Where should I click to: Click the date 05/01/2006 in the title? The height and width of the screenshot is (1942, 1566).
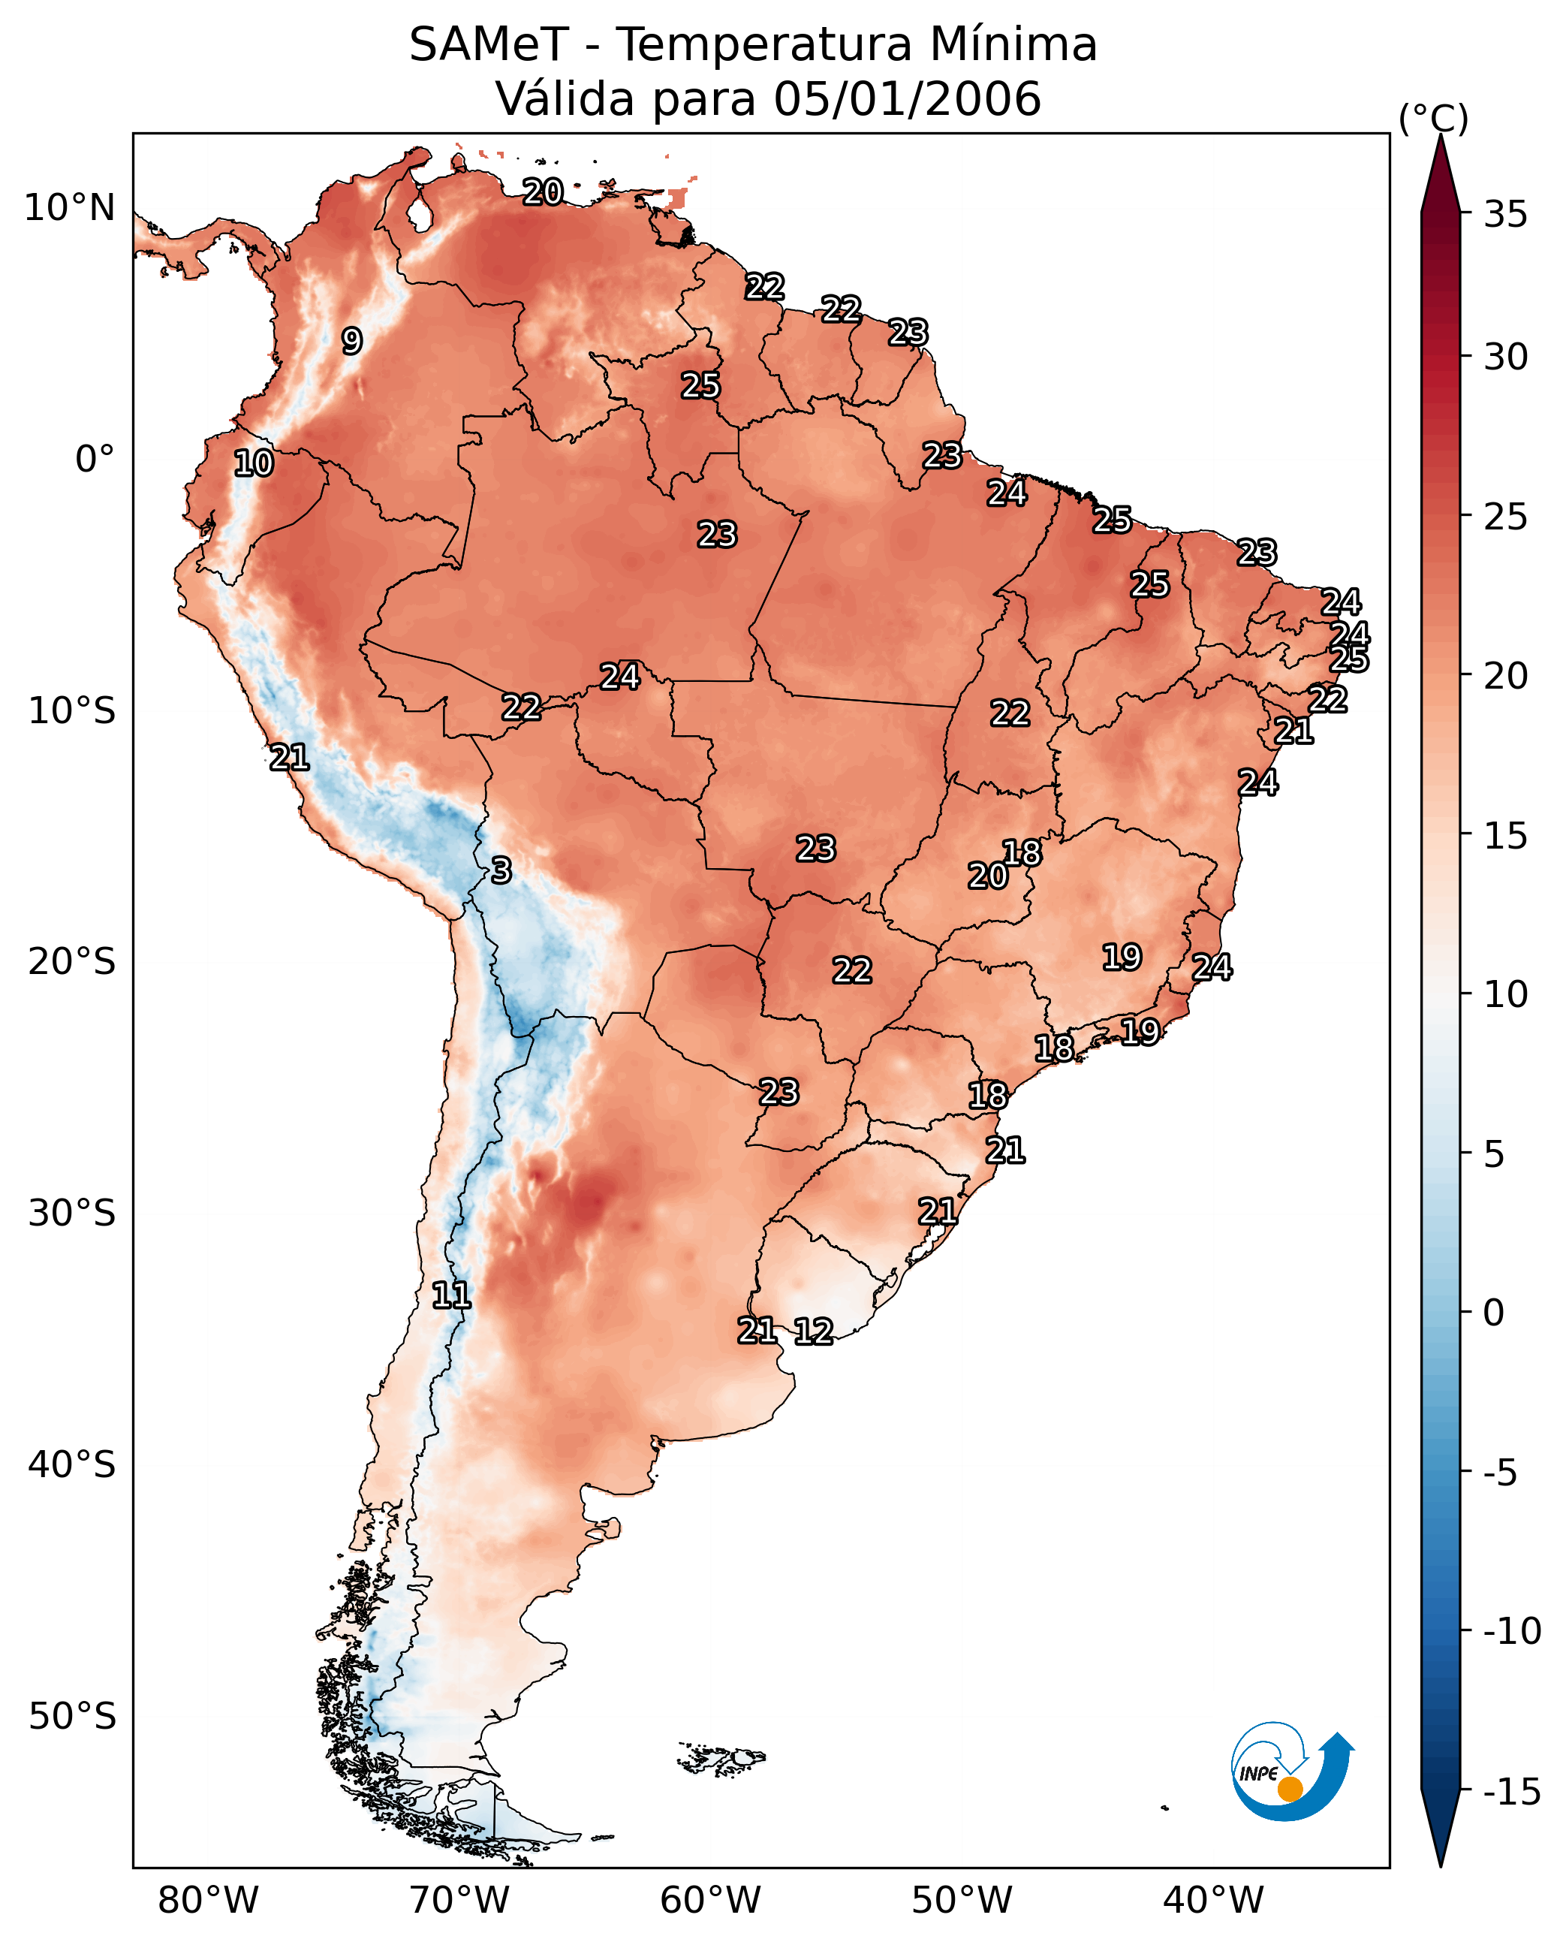pyautogui.click(x=907, y=99)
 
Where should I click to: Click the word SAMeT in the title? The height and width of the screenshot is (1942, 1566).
pyautogui.click(x=488, y=44)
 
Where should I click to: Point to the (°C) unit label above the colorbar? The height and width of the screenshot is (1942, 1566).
pyautogui.click(x=1433, y=118)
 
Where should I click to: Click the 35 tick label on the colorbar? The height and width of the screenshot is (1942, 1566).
pyautogui.click(x=1505, y=215)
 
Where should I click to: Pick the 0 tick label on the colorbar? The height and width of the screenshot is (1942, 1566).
pyautogui.click(x=1494, y=1313)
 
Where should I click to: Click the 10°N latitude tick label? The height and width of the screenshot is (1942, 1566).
pyautogui.click(x=70, y=209)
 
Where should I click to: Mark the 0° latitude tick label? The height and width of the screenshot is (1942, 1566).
pyautogui.click(x=95, y=460)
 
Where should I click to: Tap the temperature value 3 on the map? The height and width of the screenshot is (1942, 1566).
pyautogui.click(x=501, y=871)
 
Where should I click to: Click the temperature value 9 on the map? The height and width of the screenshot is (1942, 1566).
pyautogui.click(x=352, y=341)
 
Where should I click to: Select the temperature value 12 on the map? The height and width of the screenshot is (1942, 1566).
pyautogui.click(x=813, y=1332)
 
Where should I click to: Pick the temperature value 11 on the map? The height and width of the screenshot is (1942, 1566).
pyautogui.click(x=451, y=1296)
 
